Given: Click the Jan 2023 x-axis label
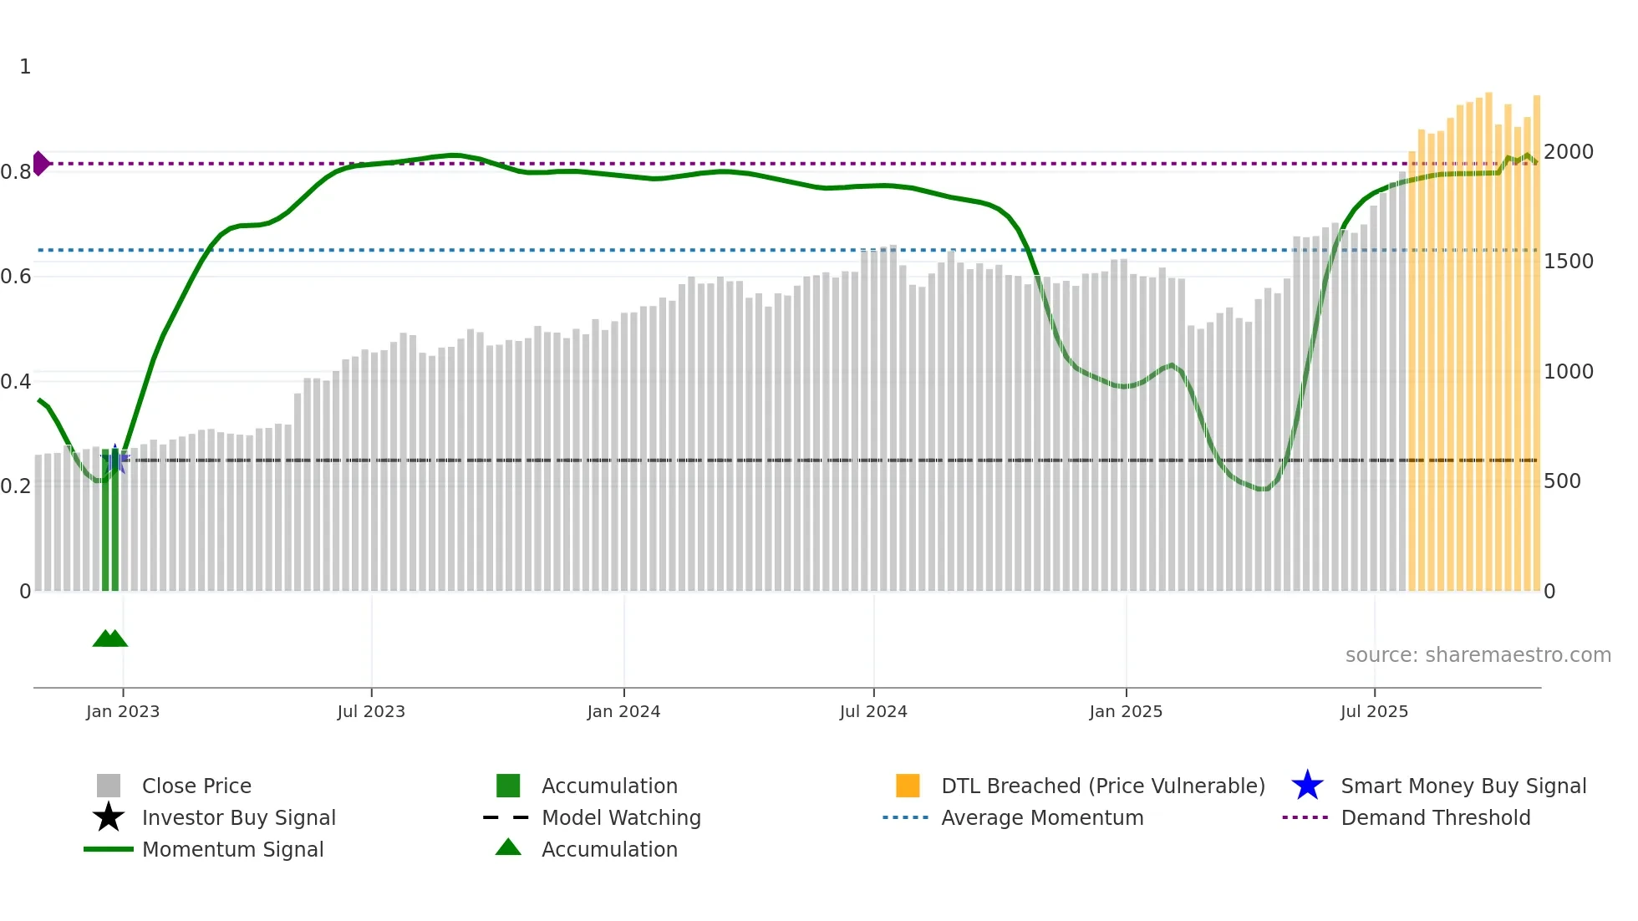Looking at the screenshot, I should (x=123, y=711).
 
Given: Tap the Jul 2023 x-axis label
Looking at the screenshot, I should (x=371, y=711).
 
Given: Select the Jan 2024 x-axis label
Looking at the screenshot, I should (x=623, y=711).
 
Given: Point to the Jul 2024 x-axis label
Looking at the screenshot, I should (x=873, y=711).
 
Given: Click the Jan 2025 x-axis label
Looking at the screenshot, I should (x=1126, y=711).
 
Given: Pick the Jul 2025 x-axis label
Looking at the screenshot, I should (x=1374, y=711).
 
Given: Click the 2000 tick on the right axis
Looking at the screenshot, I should (x=1569, y=152).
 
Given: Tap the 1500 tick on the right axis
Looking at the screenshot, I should (x=1569, y=262).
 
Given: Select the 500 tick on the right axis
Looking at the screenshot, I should (x=1562, y=481).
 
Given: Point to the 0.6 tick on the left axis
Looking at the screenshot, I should (x=16, y=277).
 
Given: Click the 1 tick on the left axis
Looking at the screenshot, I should (x=25, y=67).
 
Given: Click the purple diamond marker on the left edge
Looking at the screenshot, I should (x=40, y=163).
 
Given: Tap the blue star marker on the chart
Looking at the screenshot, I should (x=115, y=459).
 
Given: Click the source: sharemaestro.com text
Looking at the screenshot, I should (x=1478, y=655).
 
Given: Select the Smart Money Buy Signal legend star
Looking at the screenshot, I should (x=1307, y=786).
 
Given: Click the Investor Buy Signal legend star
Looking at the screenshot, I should (x=109, y=817).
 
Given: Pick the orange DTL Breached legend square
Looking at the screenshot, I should (x=908, y=786).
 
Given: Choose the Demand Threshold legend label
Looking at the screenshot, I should (x=1435, y=817).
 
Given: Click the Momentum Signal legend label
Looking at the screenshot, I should (x=232, y=849).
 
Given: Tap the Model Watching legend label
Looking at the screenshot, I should (x=621, y=817).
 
